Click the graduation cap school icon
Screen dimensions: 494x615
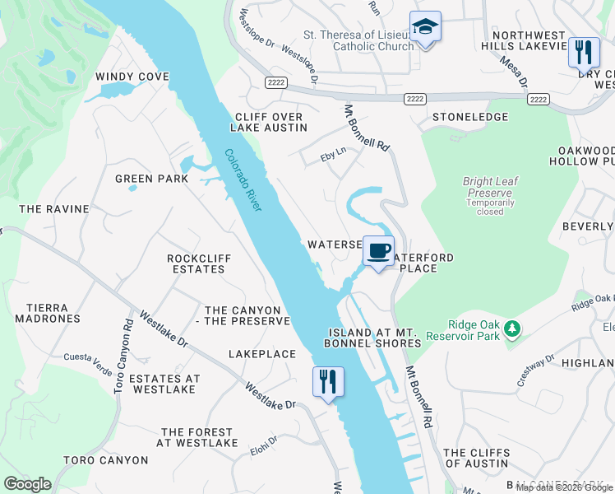tap(425, 28)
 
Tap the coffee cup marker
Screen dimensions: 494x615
tap(378, 251)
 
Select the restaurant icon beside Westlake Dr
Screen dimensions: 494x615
tap(328, 382)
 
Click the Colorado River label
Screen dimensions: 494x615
tap(243, 180)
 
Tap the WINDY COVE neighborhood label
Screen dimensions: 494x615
tap(132, 77)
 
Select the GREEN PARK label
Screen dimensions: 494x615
tap(151, 179)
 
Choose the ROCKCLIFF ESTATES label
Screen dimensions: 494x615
tap(199, 263)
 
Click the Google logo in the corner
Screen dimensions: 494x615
tap(28, 483)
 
